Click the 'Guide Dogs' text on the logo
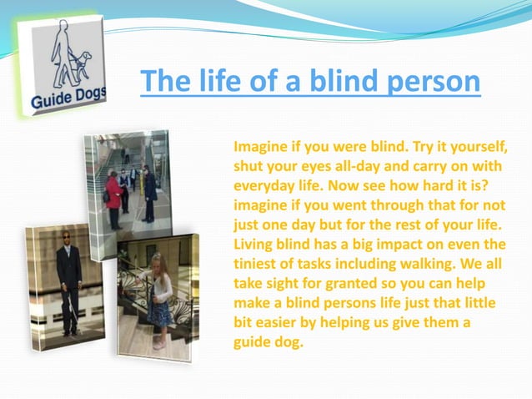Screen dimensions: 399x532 [68, 100]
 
